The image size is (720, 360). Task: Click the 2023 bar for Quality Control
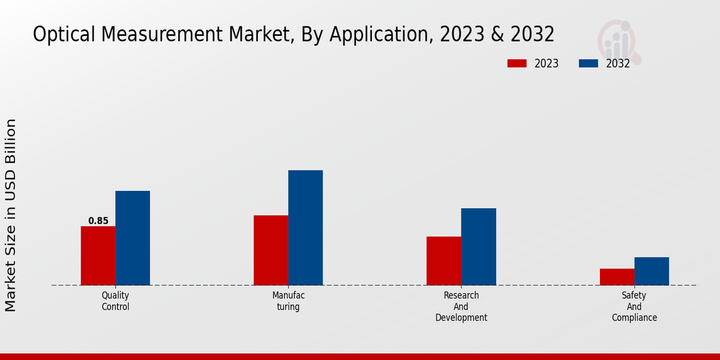98,256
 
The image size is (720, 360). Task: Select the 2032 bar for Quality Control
133,238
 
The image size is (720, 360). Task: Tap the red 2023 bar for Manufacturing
271,250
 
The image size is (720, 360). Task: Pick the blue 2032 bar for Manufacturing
305,228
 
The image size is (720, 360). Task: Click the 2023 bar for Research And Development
444,261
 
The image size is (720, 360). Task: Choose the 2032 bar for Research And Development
479,247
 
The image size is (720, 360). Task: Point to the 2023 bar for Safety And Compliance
617,277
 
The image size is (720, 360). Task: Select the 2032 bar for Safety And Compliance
652,271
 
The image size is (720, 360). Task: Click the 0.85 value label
98,221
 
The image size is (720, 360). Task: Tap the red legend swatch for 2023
517,64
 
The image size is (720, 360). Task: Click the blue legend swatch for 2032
589,64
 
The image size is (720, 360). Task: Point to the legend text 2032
618,64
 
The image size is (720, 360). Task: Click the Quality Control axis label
115,301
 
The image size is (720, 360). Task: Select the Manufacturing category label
289,301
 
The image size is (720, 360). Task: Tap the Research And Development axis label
461,307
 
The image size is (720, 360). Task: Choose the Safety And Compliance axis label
634,307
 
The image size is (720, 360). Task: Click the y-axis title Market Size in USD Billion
11,215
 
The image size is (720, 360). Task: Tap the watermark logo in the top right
619,41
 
